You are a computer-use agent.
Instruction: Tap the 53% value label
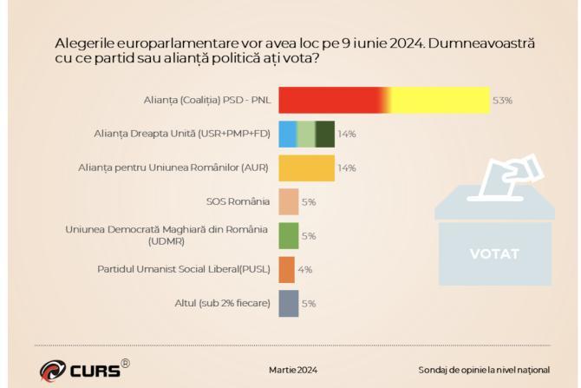[502, 101]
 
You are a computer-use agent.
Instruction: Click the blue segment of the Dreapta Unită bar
[287, 135]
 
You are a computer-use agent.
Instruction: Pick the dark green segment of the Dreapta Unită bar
[325, 135]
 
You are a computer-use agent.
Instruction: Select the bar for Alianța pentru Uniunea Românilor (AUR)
[306, 168]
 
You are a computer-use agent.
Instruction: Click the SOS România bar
[289, 201]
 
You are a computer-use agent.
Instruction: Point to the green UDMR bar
[289, 235]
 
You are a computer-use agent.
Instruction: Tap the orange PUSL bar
[287, 269]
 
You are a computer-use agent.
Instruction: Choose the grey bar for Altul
[289, 303]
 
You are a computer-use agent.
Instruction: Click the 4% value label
[305, 270]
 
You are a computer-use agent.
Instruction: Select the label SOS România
[238, 201]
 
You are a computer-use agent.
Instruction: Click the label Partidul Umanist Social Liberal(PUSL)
[184, 269]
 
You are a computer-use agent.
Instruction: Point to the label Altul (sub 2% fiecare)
[223, 303]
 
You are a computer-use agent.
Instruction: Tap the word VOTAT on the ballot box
[494, 254]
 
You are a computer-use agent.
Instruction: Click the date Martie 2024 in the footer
[293, 370]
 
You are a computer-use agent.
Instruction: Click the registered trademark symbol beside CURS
[125, 362]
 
